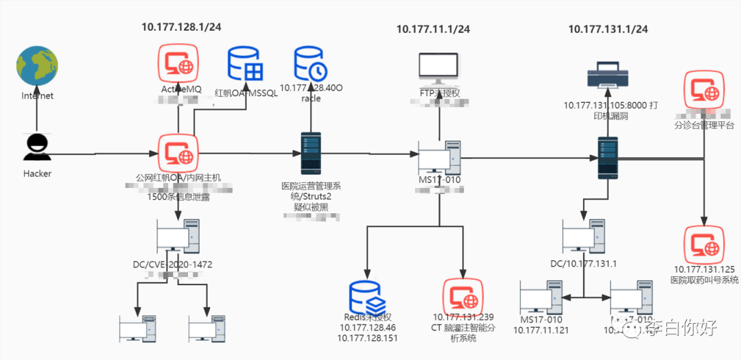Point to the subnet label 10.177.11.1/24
tap(433, 29)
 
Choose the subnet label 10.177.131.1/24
tap(608, 29)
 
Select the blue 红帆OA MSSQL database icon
tap(246, 64)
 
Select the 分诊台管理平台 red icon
tap(704, 89)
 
